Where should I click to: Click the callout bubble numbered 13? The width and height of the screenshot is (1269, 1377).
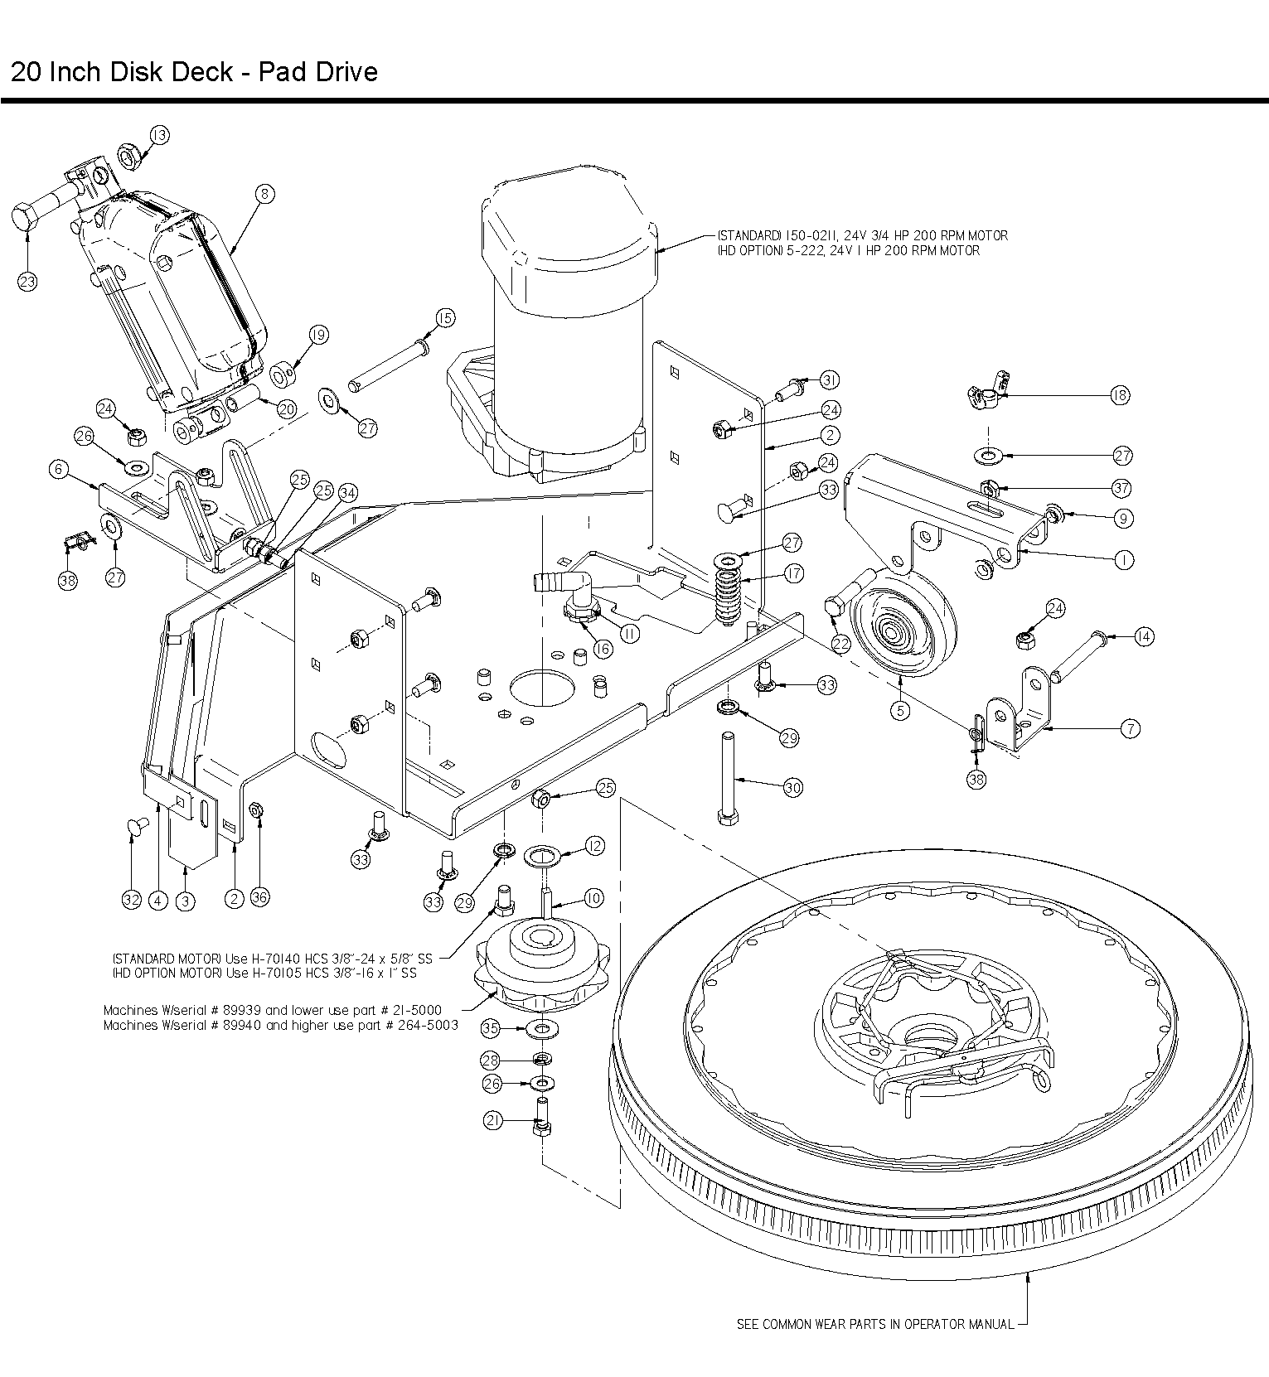[159, 135]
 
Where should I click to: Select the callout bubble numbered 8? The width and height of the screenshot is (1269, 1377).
[264, 194]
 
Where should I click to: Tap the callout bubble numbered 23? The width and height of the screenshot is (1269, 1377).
[27, 282]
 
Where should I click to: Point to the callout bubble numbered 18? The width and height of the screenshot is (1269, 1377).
[1120, 395]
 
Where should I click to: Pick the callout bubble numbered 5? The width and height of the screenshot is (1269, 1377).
[900, 710]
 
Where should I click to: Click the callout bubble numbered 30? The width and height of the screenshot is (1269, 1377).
[792, 788]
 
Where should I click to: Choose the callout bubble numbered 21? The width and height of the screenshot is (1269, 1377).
[493, 1121]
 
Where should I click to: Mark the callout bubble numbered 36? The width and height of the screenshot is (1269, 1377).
[259, 898]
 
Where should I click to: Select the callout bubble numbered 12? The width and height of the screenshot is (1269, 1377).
[594, 846]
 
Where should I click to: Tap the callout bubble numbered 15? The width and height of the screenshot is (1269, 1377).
[445, 318]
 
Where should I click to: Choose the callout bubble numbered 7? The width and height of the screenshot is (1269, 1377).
[1130, 729]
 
